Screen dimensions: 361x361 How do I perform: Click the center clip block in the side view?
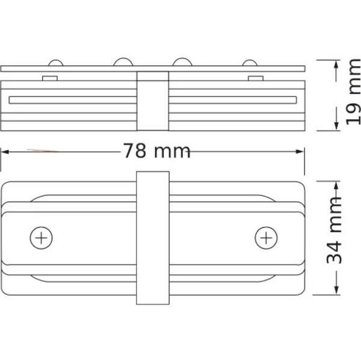(x=153, y=101)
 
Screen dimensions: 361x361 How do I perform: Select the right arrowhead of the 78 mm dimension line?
(x=303, y=150)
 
